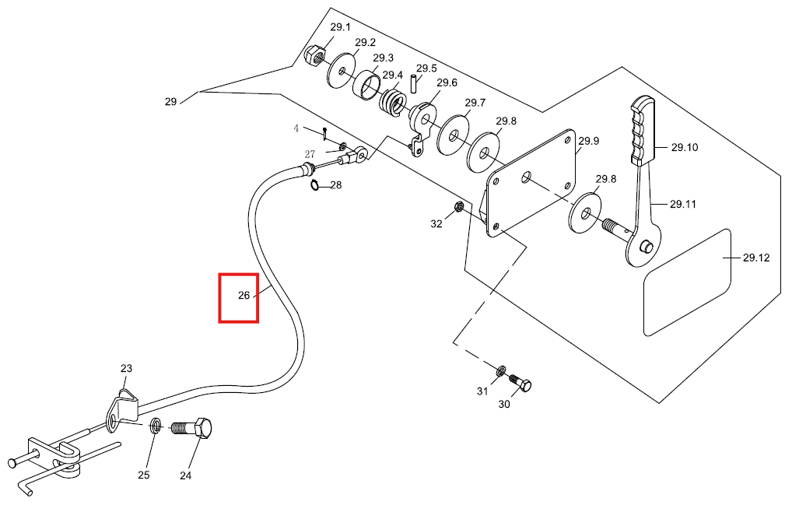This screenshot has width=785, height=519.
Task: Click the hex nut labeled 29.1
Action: coord(314,54)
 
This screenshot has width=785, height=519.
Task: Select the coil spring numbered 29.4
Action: coord(392,103)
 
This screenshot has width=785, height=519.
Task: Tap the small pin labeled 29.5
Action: coord(414,83)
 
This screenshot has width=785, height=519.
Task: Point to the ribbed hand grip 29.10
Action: coord(643,132)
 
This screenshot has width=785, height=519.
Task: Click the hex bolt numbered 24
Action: coord(191,428)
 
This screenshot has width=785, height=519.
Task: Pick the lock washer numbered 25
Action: coord(156,426)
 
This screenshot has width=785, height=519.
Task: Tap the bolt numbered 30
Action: coord(520,384)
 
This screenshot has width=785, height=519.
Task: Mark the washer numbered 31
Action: coord(500,371)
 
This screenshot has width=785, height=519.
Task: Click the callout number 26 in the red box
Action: coord(244,296)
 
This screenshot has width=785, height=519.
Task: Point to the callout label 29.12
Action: coord(756,258)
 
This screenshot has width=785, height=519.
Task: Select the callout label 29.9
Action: coord(589,141)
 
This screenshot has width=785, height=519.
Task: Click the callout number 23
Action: coord(126,368)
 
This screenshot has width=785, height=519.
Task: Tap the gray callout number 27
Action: coord(310,154)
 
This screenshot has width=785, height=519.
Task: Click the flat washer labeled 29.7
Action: coord(454,135)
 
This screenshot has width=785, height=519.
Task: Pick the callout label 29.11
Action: coord(683,204)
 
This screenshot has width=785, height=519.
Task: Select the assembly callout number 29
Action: coord(170,102)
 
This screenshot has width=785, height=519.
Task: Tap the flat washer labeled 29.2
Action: coord(341,71)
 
